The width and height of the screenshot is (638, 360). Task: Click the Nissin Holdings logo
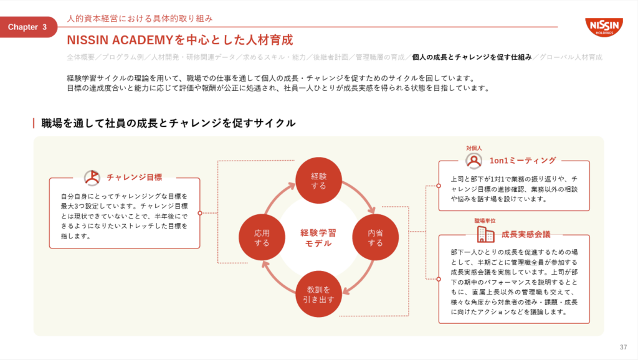(604, 27)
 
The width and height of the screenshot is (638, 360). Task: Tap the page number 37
(623, 347)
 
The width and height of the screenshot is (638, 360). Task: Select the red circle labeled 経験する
(318, 181)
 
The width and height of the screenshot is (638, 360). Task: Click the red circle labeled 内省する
(375, 237)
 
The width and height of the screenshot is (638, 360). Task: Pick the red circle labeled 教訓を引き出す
(318, 294)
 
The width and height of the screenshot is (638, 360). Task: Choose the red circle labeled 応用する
(262, 237)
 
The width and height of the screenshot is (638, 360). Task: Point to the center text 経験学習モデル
(318, 238)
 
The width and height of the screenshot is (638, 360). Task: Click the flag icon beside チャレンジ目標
(92, 178)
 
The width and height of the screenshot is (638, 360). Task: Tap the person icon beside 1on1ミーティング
(474, 161)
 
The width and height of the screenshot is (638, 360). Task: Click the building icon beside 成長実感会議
(485, 234)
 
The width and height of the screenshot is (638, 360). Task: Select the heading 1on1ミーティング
(523, 161)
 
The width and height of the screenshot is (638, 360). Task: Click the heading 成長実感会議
(526, 234)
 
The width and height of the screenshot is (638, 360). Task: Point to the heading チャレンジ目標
(135, 178)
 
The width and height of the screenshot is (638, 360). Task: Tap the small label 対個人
(474, 148)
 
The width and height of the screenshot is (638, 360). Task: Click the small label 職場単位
(485, 221)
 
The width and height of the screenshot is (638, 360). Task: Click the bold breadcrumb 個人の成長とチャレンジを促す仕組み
(472, 57)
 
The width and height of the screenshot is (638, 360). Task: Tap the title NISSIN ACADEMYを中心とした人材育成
(180, 40)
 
